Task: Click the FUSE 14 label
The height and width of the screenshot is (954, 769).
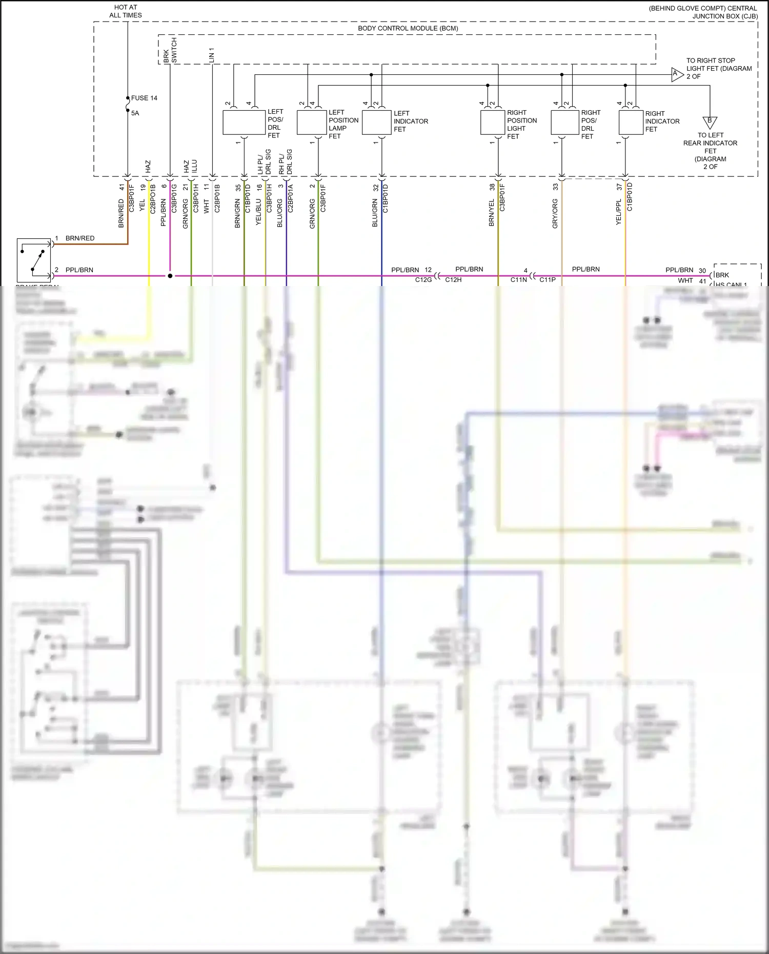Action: coord(144,98)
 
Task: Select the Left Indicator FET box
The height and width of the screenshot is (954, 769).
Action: coord(376,123)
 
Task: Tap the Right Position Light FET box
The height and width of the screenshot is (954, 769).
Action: coord(493,123)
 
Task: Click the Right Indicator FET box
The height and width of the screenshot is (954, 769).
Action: coord(631,123)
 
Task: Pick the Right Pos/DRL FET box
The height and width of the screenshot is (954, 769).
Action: coord(564,123)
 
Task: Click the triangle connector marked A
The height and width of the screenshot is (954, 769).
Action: coord(677,75)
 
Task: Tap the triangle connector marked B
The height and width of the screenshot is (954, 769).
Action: coord(710,122)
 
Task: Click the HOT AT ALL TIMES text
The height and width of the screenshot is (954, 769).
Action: coord(126,11)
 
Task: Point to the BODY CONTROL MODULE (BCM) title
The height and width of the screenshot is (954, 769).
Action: coord(408,28)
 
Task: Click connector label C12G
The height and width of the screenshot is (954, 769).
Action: coord(423,280)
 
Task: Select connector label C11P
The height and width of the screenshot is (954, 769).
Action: coord(548,280)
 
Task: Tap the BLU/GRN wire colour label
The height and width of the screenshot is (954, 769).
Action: coord(375,213)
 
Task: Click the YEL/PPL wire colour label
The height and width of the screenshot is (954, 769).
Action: coord(618,212)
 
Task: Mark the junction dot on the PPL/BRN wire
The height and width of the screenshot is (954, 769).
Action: coord(170,276)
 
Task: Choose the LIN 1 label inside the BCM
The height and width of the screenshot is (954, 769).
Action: coord(212,55)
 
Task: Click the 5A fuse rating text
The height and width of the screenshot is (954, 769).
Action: coord(135,113)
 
